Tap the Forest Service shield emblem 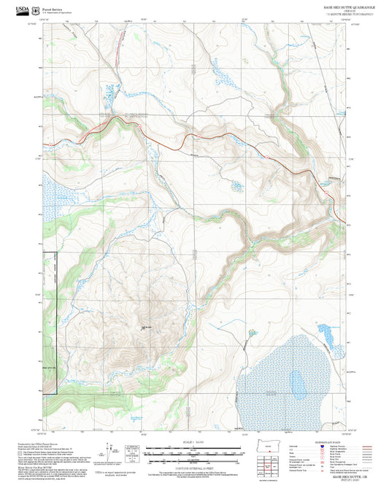point(36,10)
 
